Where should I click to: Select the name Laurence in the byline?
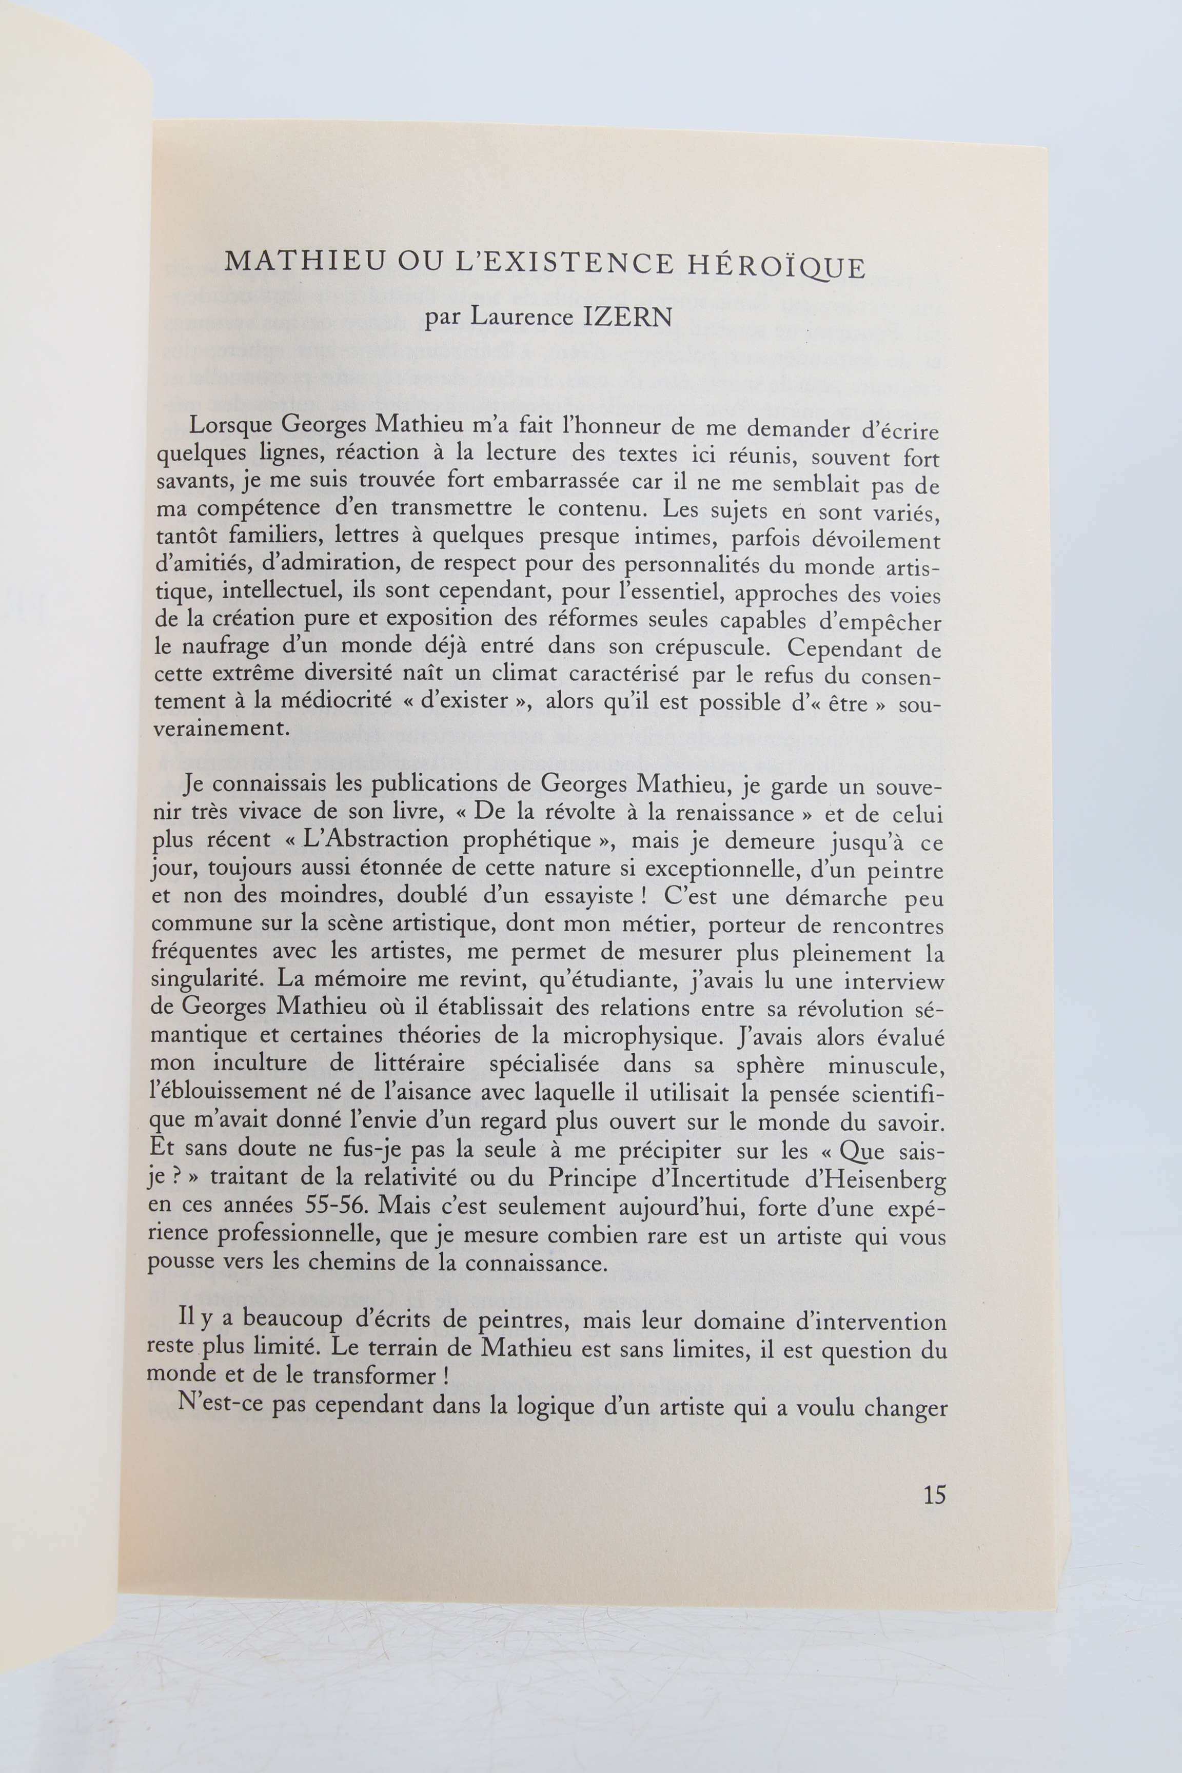click(521, 318)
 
